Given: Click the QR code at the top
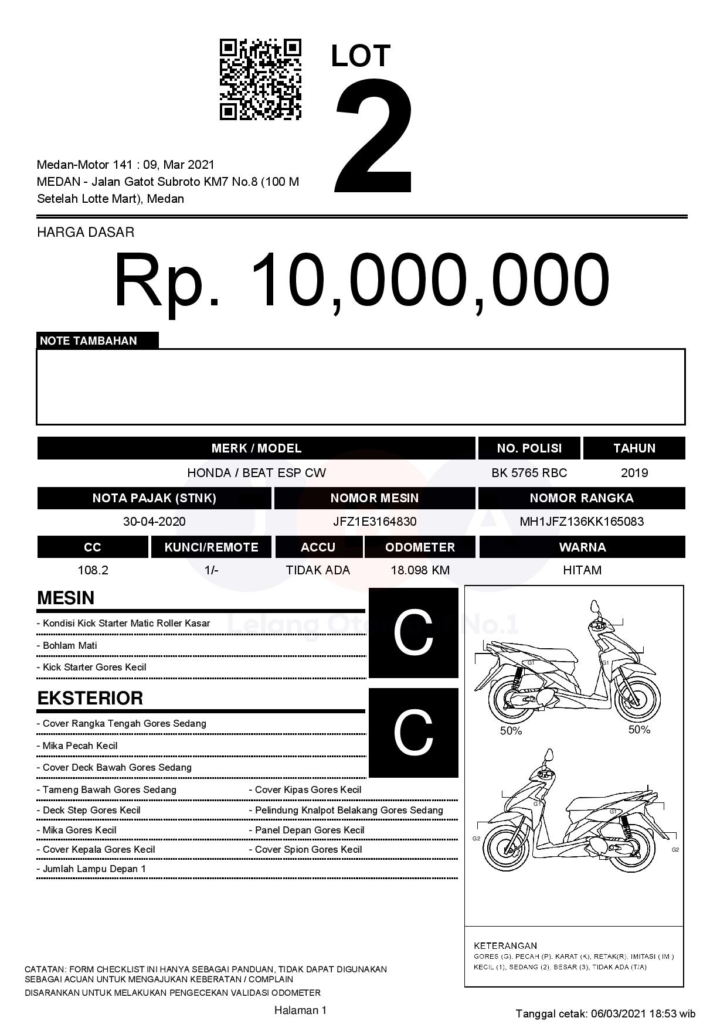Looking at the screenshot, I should click(x=260, y=80).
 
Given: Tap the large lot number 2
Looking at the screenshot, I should click(x=373, y=136).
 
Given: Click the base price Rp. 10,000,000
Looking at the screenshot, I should click(x=362, y=280).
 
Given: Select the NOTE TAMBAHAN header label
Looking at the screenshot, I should click(x=89, y=341).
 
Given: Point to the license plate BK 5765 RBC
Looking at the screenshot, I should click(x=529, y=473).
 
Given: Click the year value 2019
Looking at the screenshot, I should click(x=634, y=473).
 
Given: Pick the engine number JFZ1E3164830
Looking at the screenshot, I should click(x=375, y=522).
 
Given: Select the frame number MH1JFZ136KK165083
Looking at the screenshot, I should click(x=582, y=522).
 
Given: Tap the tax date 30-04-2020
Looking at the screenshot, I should click(x=154, y=522).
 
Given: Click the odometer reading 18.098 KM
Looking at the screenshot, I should click(x=420, y=570).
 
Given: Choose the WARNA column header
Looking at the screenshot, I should click(x=582, y=547).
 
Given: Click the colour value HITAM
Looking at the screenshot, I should click(x=582, y=570).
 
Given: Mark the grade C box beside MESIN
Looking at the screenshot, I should click(x=413, y=633).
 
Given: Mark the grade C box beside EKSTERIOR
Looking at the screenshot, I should click(x=413, y=733).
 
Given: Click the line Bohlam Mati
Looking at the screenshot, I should click(x=70, y=645).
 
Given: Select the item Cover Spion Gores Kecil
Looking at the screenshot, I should click(x=308, y=849).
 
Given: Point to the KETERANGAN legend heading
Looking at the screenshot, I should click(x=505, y=945).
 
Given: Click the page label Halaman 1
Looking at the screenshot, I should click(x=300, y=1010).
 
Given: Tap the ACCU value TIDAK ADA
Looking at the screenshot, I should click(x=318, y=570).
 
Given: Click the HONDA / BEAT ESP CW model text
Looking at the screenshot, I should click(x=256, y=473).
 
